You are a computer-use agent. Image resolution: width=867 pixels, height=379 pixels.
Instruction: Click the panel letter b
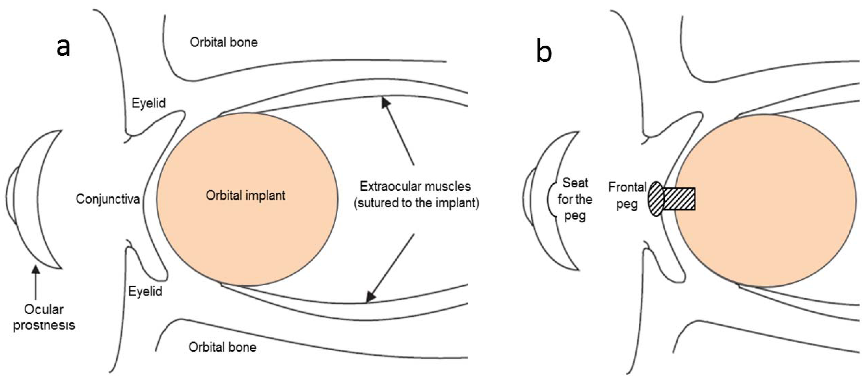point(544,51)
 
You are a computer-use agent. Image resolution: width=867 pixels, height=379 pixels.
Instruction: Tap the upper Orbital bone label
point(223,42)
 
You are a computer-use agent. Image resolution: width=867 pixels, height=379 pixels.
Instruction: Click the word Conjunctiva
point(108,199)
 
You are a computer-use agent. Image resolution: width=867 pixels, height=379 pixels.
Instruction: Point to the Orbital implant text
point(246,195)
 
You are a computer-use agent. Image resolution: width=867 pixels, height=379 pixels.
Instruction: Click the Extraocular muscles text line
point(415,186)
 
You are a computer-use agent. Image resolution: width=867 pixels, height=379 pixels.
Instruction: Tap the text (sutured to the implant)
point(416,203)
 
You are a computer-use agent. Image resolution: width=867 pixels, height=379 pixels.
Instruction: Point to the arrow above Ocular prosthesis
point(35,283)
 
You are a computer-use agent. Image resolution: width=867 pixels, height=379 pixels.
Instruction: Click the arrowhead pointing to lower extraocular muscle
point(370,296)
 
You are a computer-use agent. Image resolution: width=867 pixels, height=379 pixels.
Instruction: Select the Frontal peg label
point(627,195)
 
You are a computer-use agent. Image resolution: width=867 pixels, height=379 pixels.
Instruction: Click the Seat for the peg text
point(575,199)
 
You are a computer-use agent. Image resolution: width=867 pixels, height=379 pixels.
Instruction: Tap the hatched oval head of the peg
point(656,199)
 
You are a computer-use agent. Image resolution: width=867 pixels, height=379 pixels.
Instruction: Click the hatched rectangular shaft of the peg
point(679,199)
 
